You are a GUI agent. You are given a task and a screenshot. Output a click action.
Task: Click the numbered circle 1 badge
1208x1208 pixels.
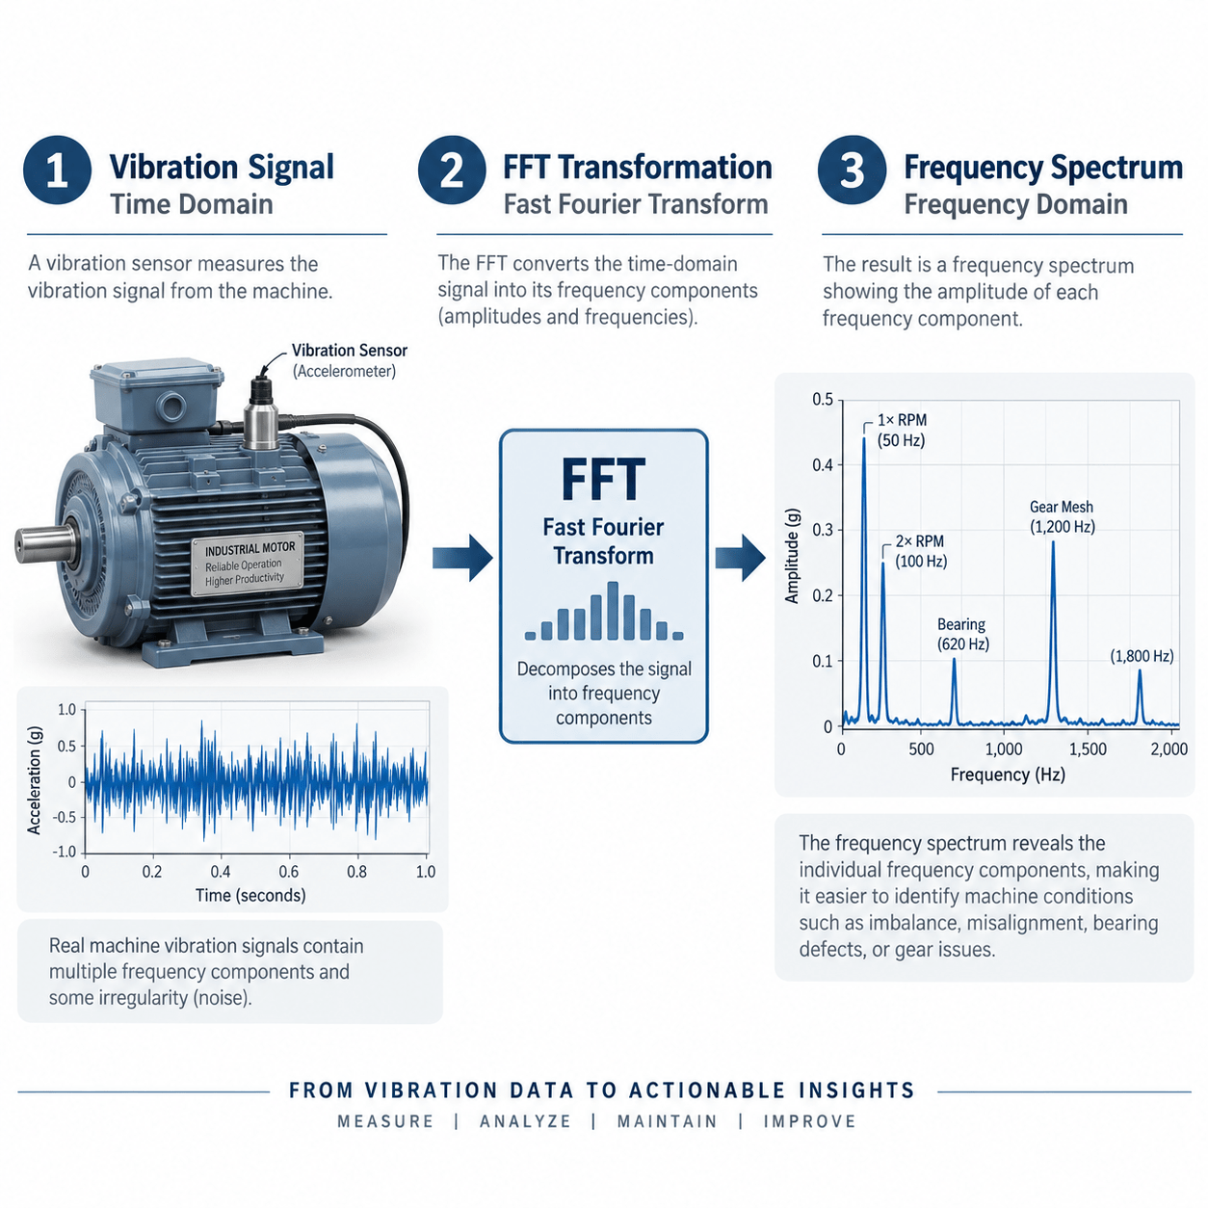pyautogui.click(x=57, y=170)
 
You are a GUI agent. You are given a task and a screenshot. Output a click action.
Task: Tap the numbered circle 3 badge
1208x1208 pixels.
pyautogui.click(x=852, y=170)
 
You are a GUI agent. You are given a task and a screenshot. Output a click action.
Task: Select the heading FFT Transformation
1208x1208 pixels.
pyautogui.click(x=637, y=168)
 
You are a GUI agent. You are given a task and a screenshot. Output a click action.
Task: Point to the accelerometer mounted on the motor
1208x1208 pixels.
pyautogui.click(x=261, y=413)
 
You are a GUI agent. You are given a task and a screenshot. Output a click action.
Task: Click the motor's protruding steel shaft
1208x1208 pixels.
pyautogui.click(x=45, y=544)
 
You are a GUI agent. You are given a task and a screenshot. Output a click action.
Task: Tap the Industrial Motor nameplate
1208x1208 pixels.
pyautogui.click(x=247, y=565)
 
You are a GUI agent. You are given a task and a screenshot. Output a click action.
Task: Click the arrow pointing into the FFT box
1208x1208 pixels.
pyautogui.click(x=462, y=558)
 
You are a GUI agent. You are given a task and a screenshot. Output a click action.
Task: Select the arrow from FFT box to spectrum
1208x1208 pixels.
pyautogui.click(x=741, y=558)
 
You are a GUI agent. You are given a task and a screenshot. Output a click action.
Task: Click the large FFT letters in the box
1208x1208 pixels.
pyautogui.click(x=603, y=479)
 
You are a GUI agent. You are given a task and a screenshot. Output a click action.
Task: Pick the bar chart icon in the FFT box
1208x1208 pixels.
pyautogui.click(x=604, y=611)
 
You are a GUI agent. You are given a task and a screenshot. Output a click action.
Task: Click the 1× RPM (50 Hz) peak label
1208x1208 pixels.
pyautogui.click(x=901, y=430)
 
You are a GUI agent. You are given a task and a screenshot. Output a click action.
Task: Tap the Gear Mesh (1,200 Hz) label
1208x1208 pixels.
pyautogui.click(x=1062, y=516)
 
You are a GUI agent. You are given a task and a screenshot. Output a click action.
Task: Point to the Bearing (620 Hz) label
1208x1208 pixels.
pyautogui.click(x=963, y=634)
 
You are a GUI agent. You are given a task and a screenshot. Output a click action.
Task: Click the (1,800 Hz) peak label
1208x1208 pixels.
pyautogui.click(x=1142, y=656)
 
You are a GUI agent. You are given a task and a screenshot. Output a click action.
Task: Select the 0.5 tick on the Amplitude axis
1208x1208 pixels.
pyautogui.click(x=823, y=400)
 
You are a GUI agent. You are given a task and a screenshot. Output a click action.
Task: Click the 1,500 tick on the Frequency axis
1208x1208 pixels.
pyautogui.click(x=1088, y=748)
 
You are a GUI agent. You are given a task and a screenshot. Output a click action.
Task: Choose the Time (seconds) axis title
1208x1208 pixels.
pyautogui.click(x=250, y=895)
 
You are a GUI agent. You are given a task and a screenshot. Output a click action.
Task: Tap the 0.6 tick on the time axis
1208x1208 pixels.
pyautogui.click(x=288, y=872)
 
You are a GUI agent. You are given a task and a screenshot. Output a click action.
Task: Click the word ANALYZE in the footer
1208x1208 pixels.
pyautogui.click(x=525, y=1121)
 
